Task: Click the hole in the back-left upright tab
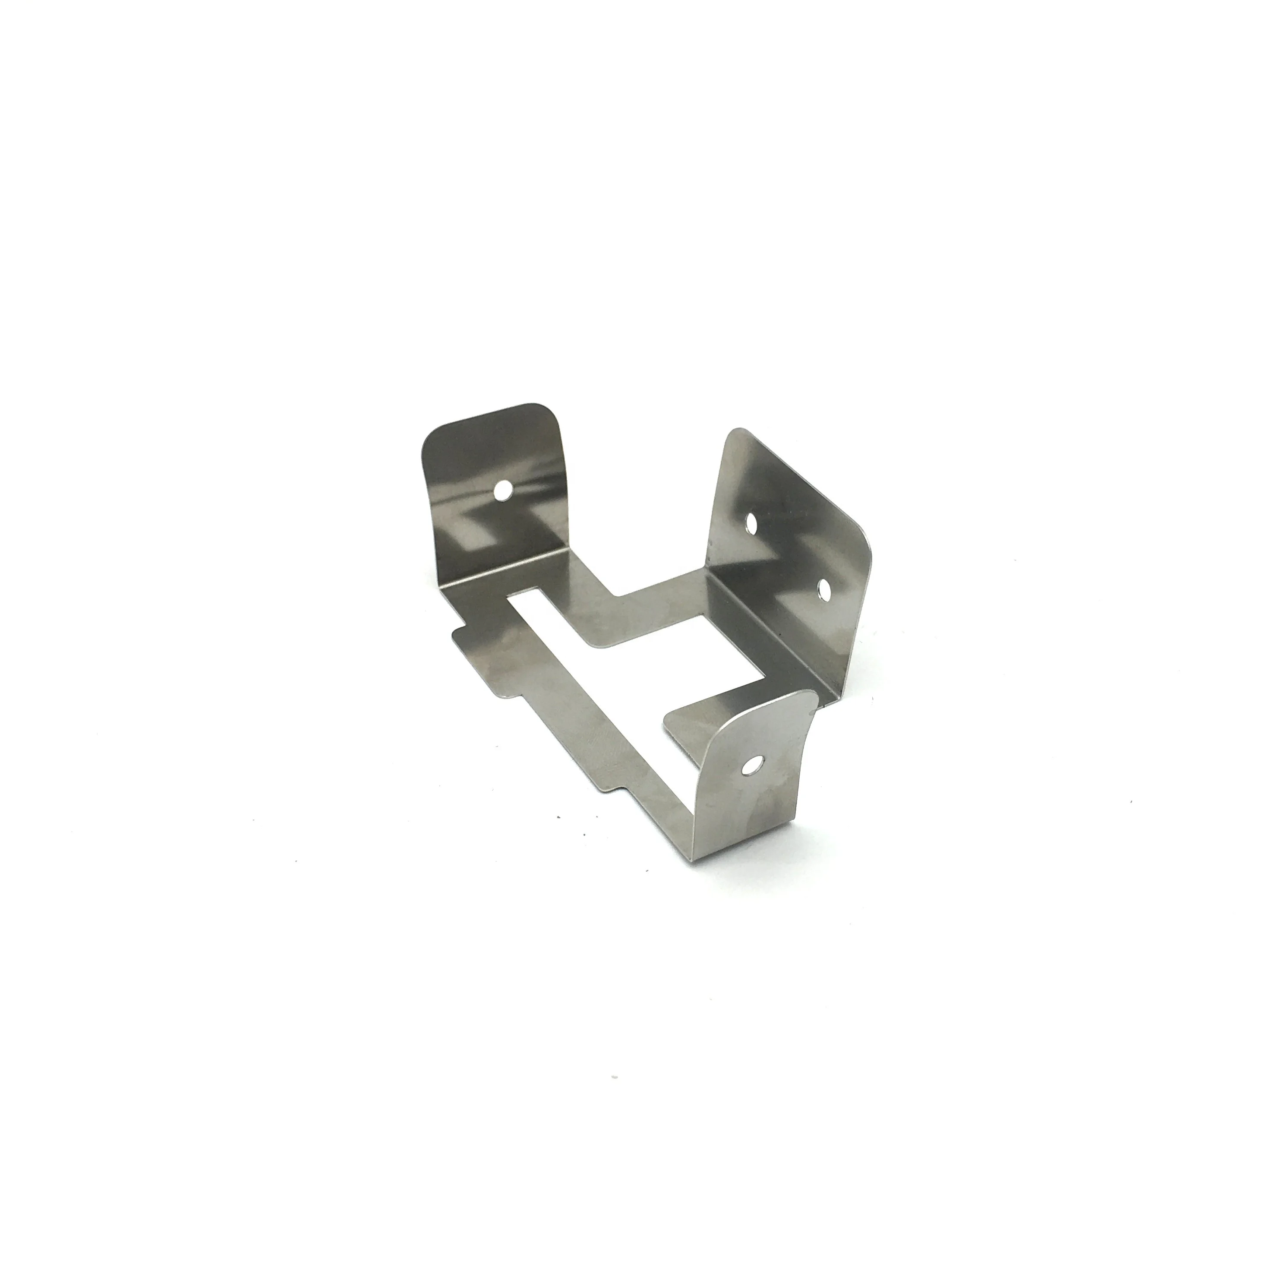tap(502, 491)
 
